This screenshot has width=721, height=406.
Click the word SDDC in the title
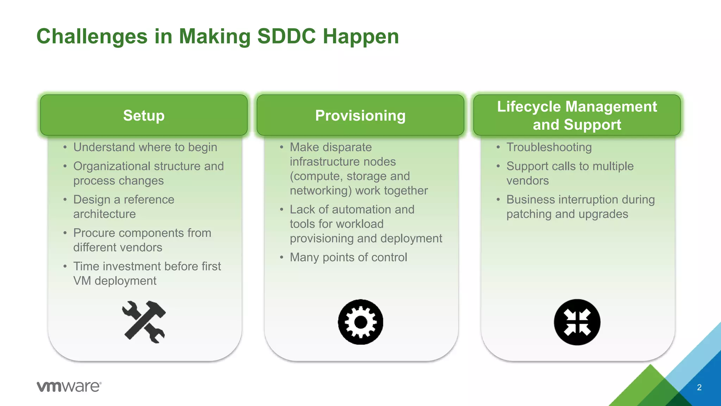point(286,37)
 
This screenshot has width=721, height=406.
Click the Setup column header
point(144,116)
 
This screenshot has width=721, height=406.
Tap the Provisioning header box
point(360,116)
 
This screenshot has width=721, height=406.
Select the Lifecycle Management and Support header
point(577,116)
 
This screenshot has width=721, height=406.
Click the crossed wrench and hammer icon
point(144,322)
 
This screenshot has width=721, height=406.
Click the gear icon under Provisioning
point(360,322)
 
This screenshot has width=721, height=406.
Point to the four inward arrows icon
point(577,322)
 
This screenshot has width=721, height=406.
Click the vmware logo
point(69,386)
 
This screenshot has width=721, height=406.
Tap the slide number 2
point(699,387)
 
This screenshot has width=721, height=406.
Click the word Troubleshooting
point(549,147)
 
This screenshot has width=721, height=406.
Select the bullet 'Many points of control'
point(348,257)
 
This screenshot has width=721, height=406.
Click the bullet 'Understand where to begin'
point(145,147)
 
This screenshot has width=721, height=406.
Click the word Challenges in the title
point(92,37)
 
